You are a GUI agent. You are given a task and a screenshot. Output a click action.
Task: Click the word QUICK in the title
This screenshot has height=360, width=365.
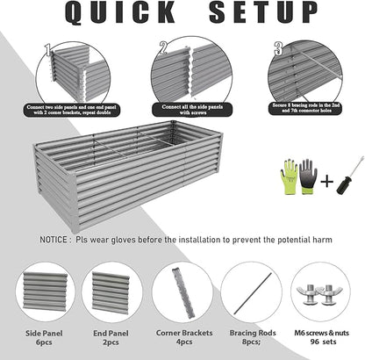point(113,13)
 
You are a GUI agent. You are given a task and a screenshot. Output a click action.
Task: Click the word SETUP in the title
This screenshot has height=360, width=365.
point(268,13)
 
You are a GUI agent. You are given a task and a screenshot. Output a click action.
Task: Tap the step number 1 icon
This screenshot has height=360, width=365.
point(47,48)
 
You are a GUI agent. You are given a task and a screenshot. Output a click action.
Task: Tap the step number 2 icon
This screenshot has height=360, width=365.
point(163,47)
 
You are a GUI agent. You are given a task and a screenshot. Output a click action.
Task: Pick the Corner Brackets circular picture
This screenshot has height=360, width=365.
point(182,291)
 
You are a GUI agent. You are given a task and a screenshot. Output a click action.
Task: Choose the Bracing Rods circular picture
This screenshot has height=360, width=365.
point(250,291)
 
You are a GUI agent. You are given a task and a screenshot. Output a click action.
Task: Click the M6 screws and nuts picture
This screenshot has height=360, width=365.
point(318,290)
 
